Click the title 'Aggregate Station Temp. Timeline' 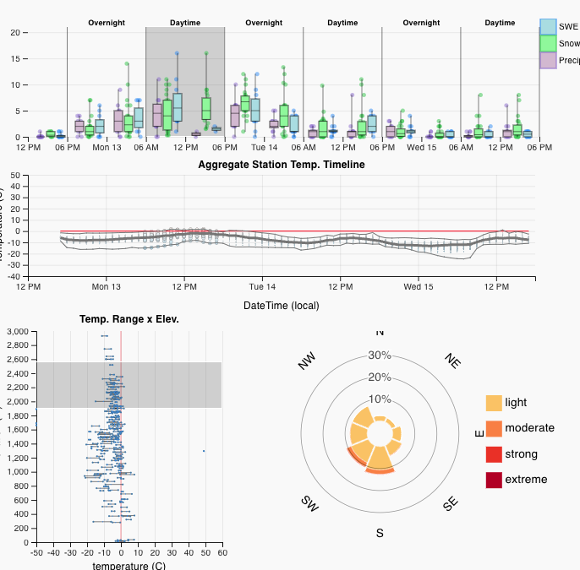tap(282, 165)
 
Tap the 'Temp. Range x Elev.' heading tap(129, 319)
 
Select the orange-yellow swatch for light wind tap(493, 403)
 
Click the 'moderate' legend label tap(529, 428)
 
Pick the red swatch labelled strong tap(493, 454)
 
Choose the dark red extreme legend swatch tap(493, 480)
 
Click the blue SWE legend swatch tap(548, 27)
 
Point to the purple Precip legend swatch tap(548, 60)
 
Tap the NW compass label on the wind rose tap(306, 361)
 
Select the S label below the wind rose tap(380, 533)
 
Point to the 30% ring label tap(380, 356)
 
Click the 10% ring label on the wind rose tap(380, 399)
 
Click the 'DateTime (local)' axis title tap(282, 305)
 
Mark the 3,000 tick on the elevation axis tap(16, 332)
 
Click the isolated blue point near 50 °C tap(204, 451)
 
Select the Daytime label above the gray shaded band tap(185, 23)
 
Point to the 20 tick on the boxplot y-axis tap(15, 32)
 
